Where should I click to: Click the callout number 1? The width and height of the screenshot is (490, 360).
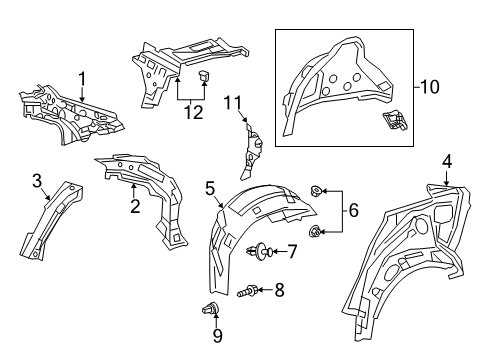[x=84, y=78]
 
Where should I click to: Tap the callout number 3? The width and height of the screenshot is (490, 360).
[x=38, y=181]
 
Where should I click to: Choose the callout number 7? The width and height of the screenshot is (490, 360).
[x=292, y=251]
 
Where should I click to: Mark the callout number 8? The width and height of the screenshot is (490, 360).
[x=280, y=290]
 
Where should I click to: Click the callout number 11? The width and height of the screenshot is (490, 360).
[x=234, y=103]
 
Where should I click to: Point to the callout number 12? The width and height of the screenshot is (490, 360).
[x=192, y=112]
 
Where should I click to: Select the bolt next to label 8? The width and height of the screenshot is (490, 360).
[x=250, y=291]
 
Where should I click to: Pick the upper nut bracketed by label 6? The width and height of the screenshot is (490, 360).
[x=316, y=189]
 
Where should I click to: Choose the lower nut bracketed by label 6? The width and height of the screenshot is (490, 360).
[x=316, y=233]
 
